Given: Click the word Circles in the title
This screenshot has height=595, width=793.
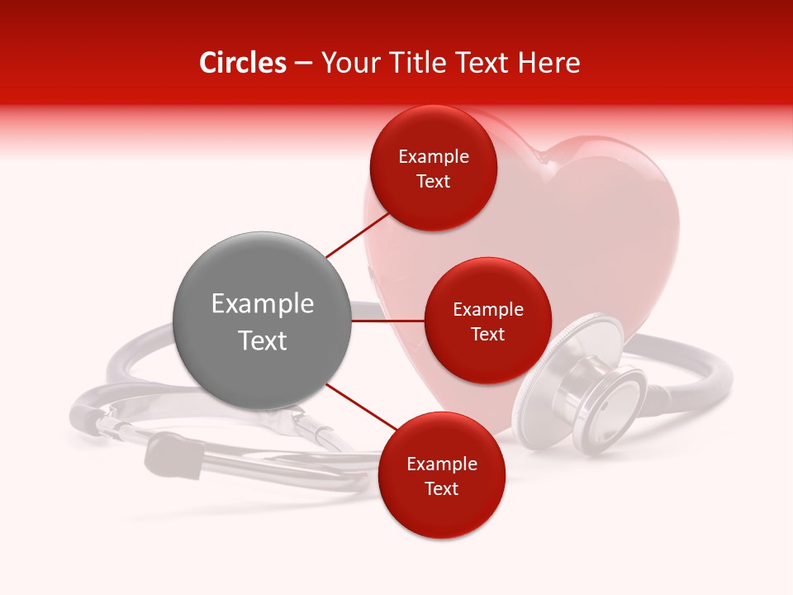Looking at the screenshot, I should pos(242,63).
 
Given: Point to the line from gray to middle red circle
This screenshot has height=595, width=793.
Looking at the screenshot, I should pos(388,321).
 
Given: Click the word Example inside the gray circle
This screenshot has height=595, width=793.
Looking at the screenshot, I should pos(263,304).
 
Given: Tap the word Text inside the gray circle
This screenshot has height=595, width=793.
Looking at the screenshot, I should pos(263,340).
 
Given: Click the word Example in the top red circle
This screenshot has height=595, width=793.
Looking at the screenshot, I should pos(434,157).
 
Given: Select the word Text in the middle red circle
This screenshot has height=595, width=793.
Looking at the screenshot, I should pos(487,335).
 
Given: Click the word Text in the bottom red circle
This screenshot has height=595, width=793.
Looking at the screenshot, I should pos(441,489).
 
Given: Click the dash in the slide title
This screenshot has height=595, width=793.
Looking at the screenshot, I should pos(303,64).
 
